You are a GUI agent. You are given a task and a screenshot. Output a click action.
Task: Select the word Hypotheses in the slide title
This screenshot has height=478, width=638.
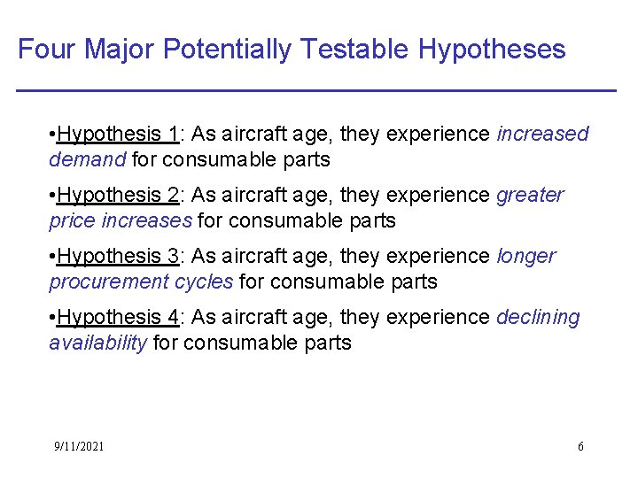[492, 49]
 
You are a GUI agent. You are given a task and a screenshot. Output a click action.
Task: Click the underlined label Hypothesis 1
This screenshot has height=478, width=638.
[118, 135]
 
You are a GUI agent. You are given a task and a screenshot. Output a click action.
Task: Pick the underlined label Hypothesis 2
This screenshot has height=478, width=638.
[118, 195]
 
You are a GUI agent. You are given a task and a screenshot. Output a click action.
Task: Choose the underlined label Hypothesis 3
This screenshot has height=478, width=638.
[118, 257]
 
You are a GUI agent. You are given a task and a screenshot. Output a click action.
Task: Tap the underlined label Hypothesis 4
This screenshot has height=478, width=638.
[118, 317]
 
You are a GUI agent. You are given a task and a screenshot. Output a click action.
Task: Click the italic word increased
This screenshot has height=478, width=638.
[542, 135]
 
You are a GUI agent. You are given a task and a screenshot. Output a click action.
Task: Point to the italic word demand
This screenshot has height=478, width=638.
[88, 160]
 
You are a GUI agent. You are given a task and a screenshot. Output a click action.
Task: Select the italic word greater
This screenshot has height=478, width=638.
[530, 195]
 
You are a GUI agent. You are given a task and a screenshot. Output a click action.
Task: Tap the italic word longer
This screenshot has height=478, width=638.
[526, 257]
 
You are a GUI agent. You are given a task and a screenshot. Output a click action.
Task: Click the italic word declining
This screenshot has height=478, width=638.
[538, 317]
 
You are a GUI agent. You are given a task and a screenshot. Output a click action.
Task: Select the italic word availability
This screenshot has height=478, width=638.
[97, 343]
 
